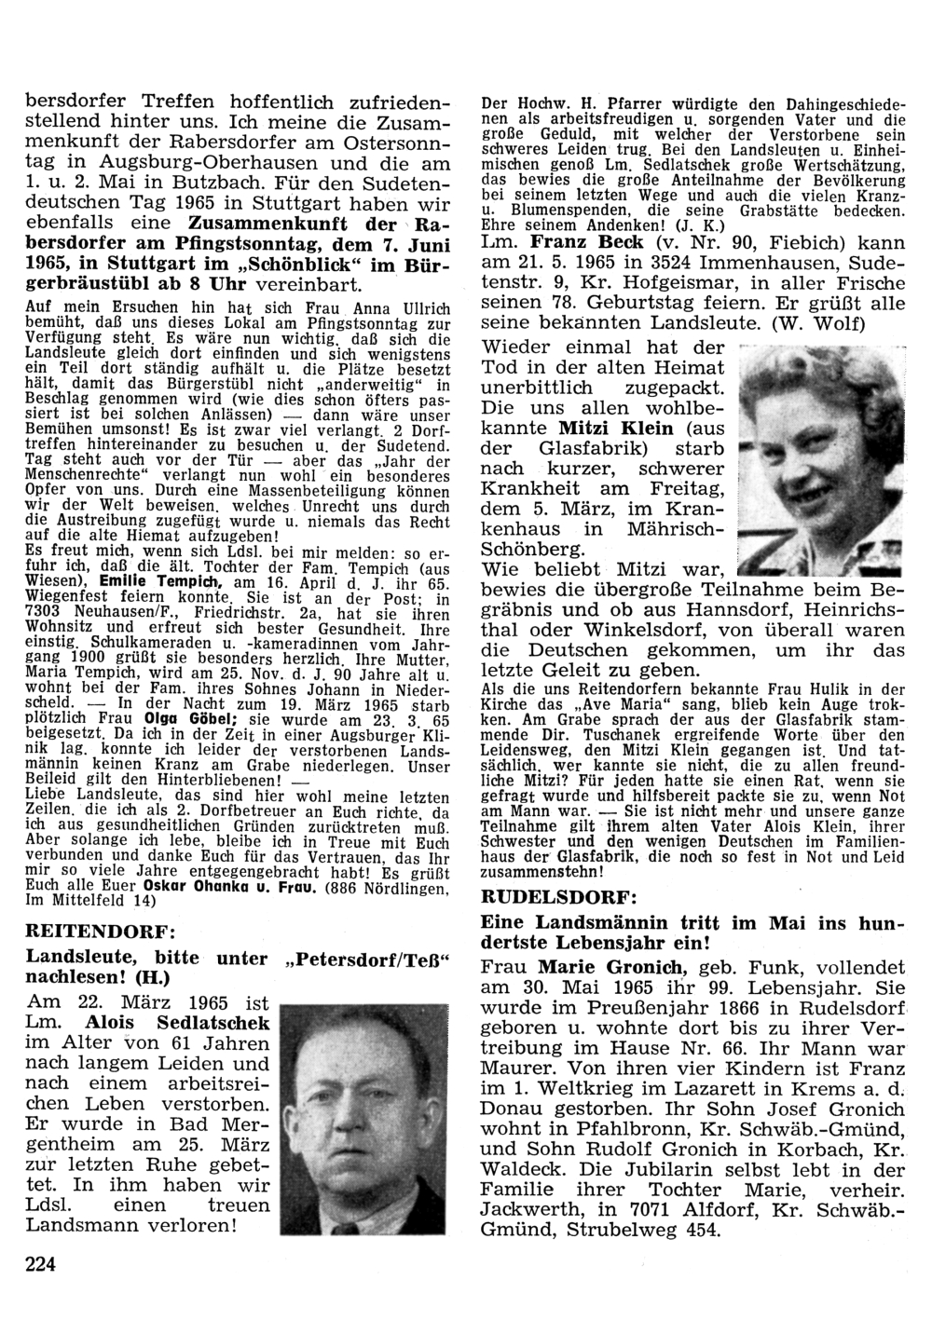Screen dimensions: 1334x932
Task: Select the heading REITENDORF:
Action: click(x=101, y=931)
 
